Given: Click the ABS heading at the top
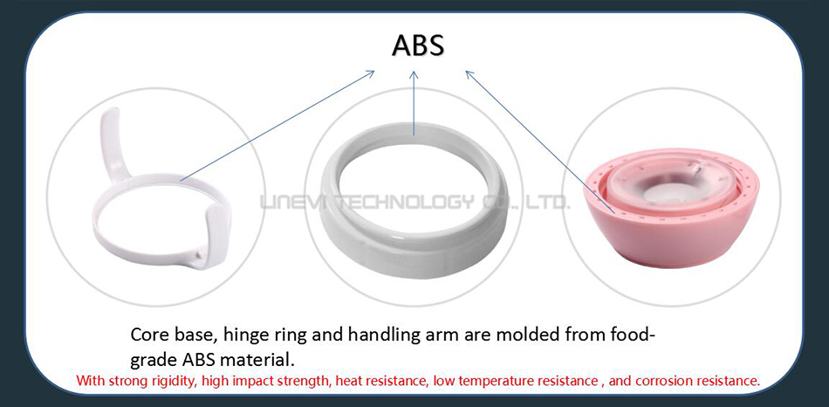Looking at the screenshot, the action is click(418, 45).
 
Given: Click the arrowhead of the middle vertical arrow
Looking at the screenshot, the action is click(414, 76).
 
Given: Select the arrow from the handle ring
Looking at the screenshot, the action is click(277, 126).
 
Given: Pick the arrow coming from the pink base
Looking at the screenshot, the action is click(540, 141).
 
